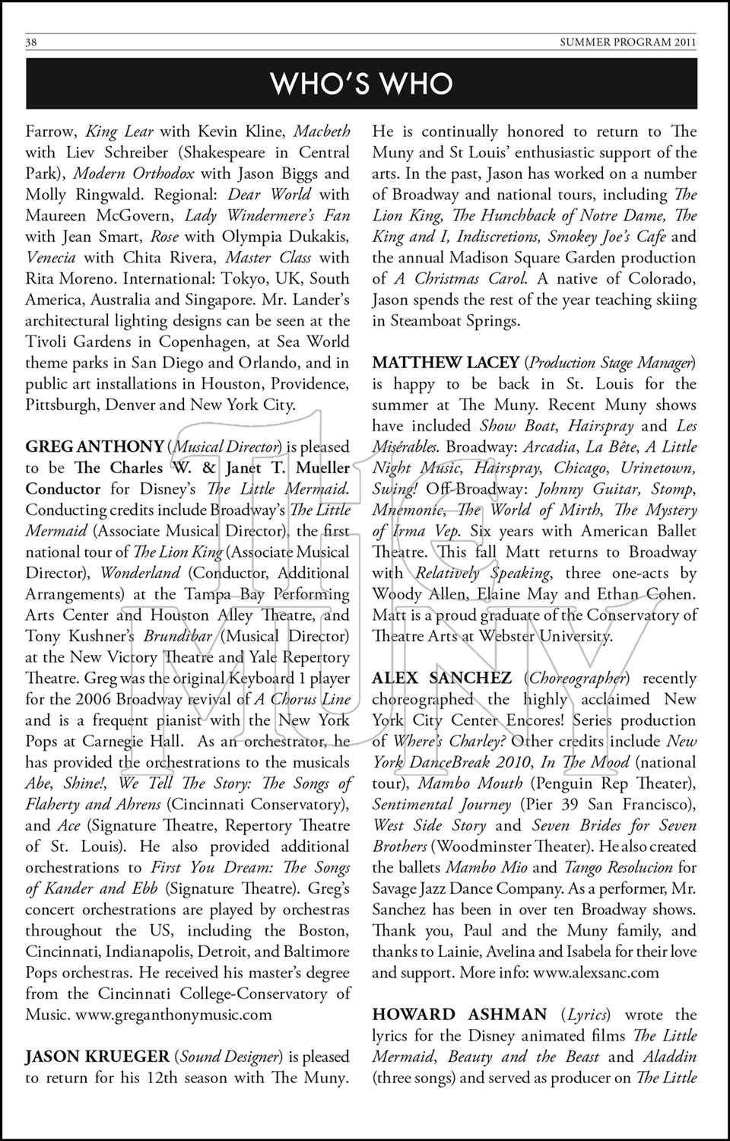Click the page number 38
(x=31, y=43)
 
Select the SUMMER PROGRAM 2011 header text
(x=627, y=43)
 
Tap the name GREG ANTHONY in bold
(x=94, y=447)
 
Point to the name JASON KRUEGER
(x=97, y=1056)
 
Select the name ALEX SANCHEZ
(x=442, y=678)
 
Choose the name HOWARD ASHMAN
(x=459, y=1014)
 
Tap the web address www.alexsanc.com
(x=596, y=972)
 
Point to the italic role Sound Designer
(x=230, y=1056)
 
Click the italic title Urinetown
(x=657, y=468)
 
